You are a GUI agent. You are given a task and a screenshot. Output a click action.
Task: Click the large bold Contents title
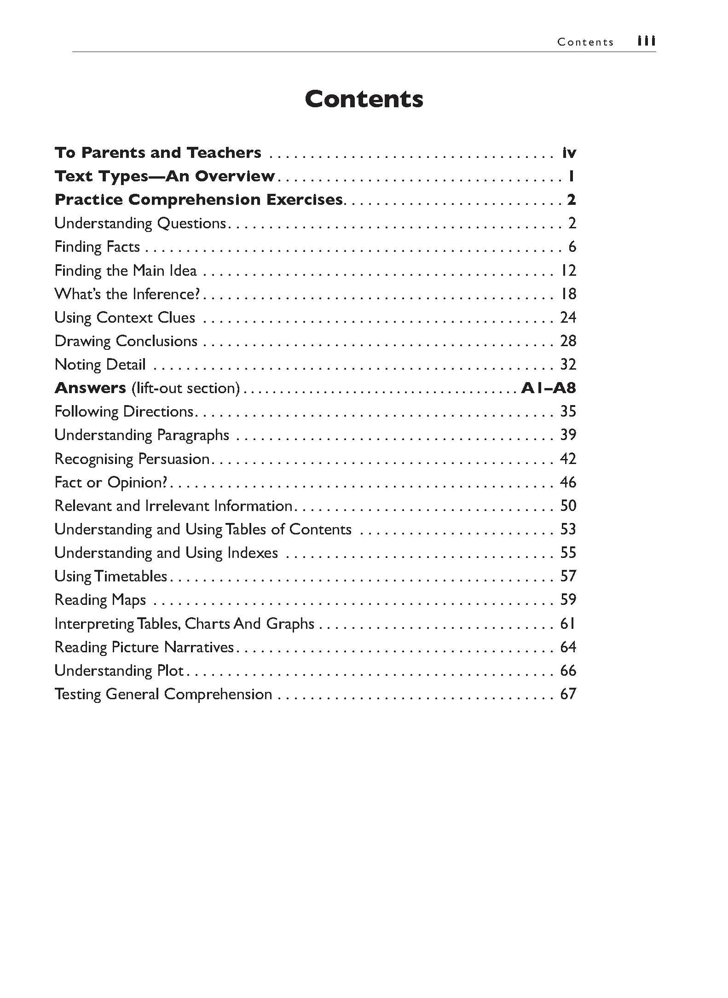click(364, 99)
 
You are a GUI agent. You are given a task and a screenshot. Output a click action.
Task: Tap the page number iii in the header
click(647, 41)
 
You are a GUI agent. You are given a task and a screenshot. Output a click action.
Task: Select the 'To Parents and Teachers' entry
click(158, 153)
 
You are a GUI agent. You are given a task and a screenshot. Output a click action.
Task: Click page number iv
click(569, 153)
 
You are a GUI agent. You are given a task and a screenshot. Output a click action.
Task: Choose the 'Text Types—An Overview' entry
click(165, 176)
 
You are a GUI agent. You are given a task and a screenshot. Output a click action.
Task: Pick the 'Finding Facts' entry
click(97, 247)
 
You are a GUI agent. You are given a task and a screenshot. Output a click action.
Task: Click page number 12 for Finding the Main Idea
click(568, 271)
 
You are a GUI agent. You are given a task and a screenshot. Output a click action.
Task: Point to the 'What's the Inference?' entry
click(127, 294)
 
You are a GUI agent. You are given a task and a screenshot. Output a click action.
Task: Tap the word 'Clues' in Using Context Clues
click(176, 318)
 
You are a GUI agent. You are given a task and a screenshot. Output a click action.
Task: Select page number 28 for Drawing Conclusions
click(568, 341)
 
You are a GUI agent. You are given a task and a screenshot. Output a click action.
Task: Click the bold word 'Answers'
click(90, 388)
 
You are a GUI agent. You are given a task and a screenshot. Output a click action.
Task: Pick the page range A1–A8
click(548, 388)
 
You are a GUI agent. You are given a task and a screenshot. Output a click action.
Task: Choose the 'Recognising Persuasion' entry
click(132, 459)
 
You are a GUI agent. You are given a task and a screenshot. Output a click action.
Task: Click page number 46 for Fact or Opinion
click(568, 482)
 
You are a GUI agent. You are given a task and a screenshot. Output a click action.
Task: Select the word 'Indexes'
click(253, 553)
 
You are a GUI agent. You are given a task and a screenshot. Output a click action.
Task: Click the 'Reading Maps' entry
click(100, 600)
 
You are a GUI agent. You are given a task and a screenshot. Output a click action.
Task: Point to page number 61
click(568, 624)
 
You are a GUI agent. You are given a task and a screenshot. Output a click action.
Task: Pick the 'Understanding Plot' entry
click(119, 671)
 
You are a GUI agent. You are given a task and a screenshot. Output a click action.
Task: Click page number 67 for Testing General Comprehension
click(568, 694)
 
